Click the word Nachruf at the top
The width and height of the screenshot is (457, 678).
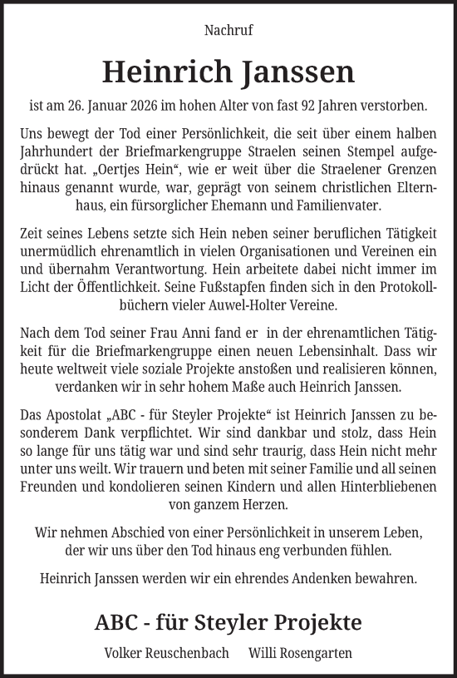point(228,31)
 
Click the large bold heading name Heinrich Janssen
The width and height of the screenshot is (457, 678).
point(228,72)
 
